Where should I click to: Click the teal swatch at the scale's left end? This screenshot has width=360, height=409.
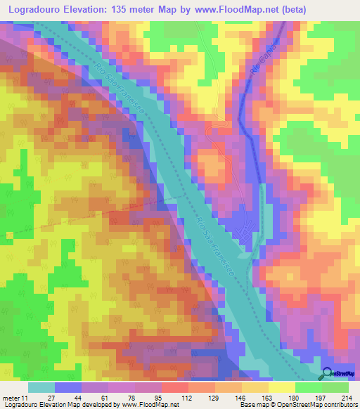click(41, 387)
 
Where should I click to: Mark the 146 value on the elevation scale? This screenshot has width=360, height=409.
click(247, 398)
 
